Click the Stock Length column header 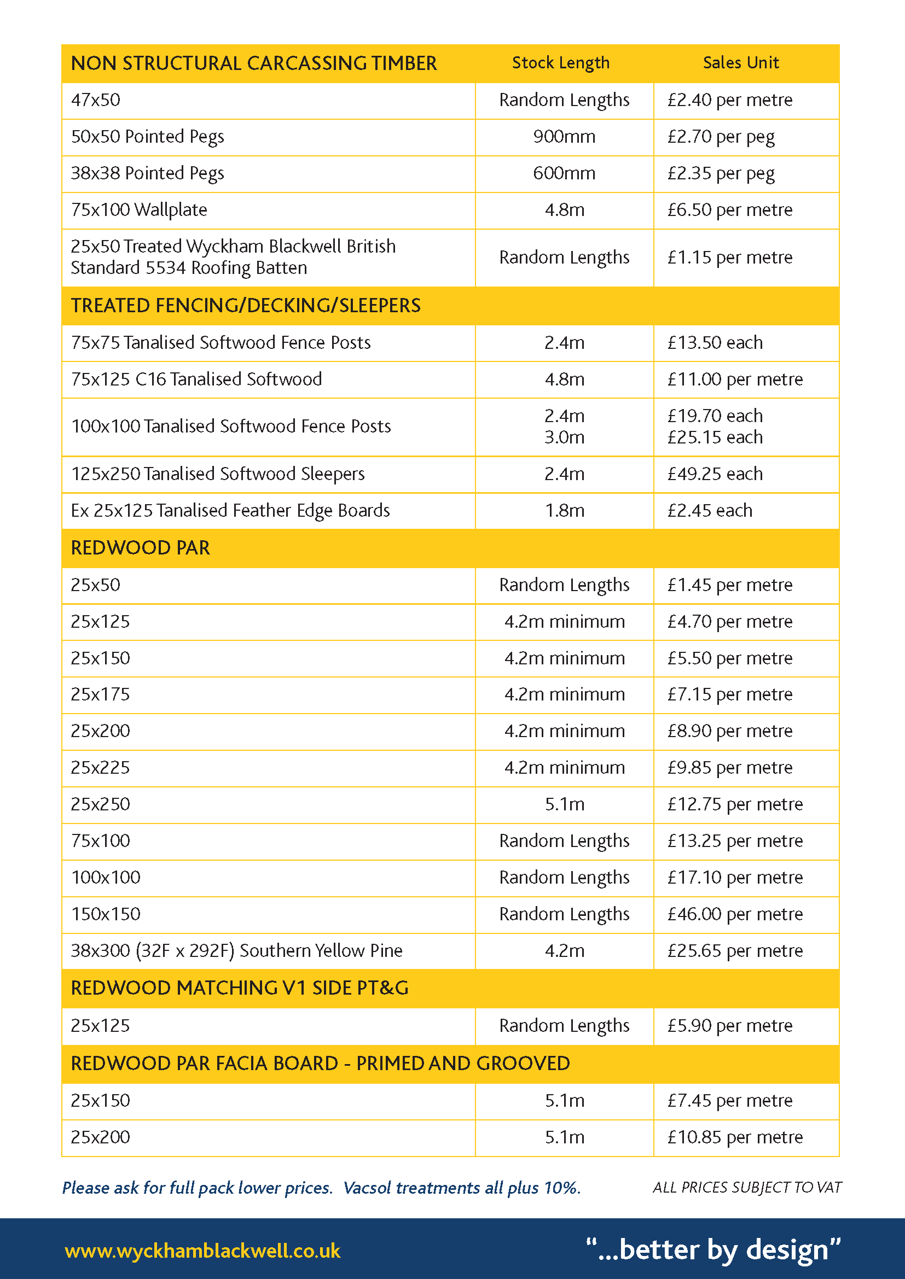click(x=561, y=63)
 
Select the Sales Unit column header click(x=740, y=63)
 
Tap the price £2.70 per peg click(x=721, y=137)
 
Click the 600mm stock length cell click(x=564, y=173)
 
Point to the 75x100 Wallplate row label click(x=139, y=210)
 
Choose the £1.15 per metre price click(x=729, y=258)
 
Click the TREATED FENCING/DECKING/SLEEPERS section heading click(x=246, y=306)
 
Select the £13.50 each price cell click(x=715, y=343)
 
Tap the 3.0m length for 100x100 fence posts click(x=564, y=437)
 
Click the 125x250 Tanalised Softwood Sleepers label click(x=217, y=474)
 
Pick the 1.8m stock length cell click(x=564, y=511)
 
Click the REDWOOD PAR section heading click(x=141, y=548)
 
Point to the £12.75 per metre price click(x=734, y=804)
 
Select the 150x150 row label click(x=106, y=914)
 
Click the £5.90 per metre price click(x=729, y=1025)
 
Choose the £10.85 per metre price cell click(x=734, y=1137)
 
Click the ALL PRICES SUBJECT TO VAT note click(x=747, y=1187)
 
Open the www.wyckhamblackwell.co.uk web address click(x=202, y=1251)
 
